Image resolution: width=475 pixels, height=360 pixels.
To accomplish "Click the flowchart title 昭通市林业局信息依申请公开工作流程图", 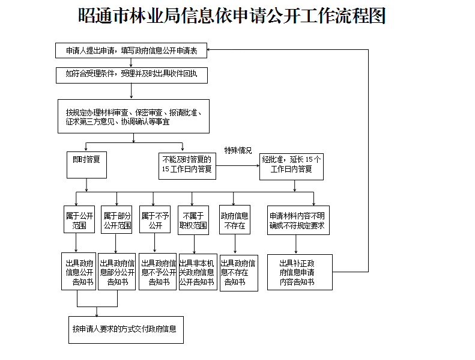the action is point(232,16).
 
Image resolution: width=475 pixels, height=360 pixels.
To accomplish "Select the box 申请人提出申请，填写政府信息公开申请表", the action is point(131,50).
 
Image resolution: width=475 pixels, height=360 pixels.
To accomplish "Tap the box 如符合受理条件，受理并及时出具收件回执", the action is point(132,75).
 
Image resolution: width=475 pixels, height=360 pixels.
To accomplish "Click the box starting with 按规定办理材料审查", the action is point(133,116).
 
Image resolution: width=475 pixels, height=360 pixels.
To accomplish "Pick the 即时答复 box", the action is point(86,165).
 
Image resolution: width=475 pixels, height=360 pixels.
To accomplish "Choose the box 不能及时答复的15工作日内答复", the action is point(187,166).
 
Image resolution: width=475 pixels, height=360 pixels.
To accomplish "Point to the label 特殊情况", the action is point(238,150).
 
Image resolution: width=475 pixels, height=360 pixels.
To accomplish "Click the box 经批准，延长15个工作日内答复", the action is point(291,167).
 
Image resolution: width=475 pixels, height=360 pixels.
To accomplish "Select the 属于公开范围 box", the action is point(79,219).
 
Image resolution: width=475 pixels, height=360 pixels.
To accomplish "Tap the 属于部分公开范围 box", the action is point(116,220).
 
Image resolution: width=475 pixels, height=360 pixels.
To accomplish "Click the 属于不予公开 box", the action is point(155,219).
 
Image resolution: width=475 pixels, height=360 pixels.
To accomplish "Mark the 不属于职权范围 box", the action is point(193,220).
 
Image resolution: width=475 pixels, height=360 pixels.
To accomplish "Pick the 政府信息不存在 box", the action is point(235,220).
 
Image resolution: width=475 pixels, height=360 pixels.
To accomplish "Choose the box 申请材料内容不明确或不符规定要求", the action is point(298,220).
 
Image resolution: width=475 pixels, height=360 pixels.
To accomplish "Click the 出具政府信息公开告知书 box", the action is point(79,272).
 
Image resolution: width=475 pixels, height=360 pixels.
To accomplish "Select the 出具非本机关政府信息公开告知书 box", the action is point(198,272).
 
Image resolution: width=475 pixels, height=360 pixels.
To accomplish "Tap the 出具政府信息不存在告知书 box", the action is point(239,273).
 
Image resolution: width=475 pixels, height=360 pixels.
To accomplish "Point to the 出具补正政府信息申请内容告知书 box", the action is point(300,272).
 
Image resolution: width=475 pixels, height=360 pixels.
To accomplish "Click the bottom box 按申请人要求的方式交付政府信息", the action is point(126,330).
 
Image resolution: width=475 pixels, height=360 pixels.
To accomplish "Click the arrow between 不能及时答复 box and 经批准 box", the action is point(238,166).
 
